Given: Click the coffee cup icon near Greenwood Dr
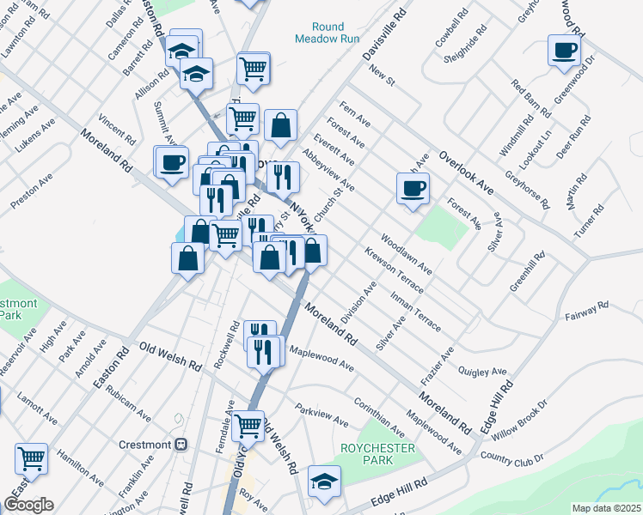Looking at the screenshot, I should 564,51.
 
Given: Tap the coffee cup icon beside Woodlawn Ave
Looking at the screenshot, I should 413,188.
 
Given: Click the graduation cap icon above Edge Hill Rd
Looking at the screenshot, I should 324,481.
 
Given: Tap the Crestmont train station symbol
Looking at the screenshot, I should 181,444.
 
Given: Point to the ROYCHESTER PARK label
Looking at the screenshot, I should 377,454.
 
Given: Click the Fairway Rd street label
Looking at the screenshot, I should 586,311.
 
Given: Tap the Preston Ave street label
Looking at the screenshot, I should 32,191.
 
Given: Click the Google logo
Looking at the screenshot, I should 28,504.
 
